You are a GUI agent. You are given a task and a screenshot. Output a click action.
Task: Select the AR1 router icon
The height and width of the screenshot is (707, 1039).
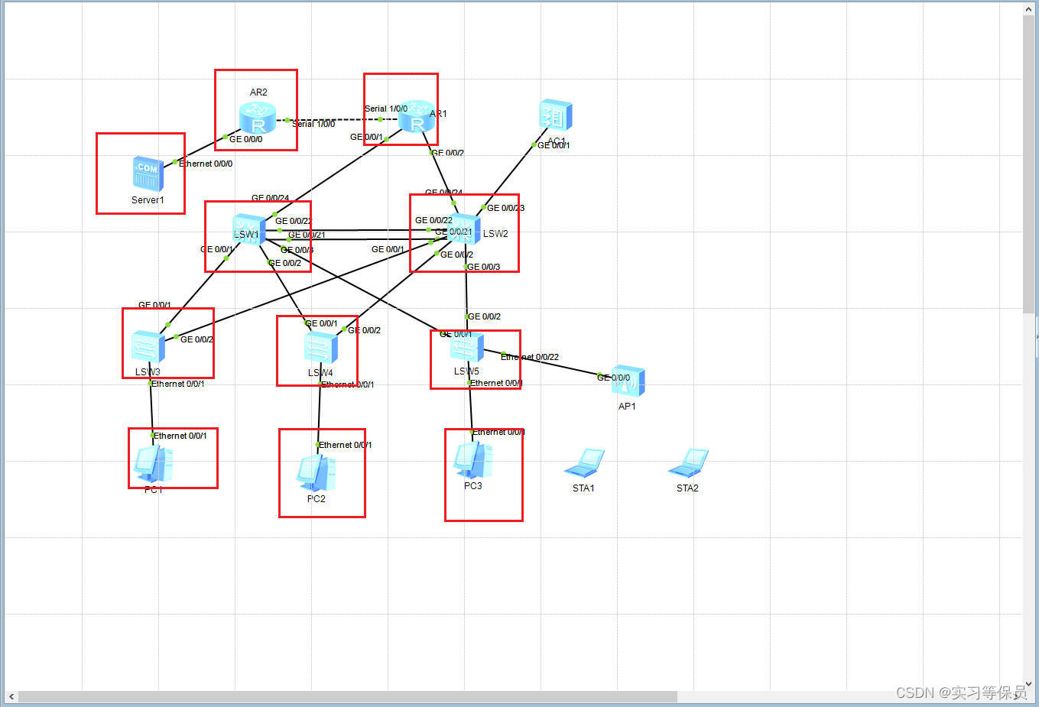coord(416,116)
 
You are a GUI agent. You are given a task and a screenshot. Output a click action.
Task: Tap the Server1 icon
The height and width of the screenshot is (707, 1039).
coord(148,174)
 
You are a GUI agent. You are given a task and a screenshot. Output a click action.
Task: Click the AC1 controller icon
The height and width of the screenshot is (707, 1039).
coord(555,115)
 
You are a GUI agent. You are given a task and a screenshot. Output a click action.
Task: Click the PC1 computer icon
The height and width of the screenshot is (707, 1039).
coord(154,464)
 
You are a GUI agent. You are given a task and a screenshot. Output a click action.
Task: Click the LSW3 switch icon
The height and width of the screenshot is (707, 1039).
coord(148,347)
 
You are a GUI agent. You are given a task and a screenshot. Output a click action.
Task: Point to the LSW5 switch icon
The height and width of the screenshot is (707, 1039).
coord(467,348)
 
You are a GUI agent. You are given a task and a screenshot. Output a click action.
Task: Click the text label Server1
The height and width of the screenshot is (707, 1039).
coord(148,200)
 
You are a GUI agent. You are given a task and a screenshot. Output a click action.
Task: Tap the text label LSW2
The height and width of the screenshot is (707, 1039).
coord(495,234)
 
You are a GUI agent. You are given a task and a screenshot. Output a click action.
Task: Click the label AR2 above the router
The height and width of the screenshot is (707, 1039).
coord(258,92)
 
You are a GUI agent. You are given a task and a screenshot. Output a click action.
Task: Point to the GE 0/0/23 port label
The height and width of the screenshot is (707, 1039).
coord(506,208)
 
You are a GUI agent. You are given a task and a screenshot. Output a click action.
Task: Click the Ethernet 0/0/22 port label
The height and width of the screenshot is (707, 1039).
coord(530,357)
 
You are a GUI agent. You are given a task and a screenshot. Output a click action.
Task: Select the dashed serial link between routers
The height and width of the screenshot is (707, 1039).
coord(336,119)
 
